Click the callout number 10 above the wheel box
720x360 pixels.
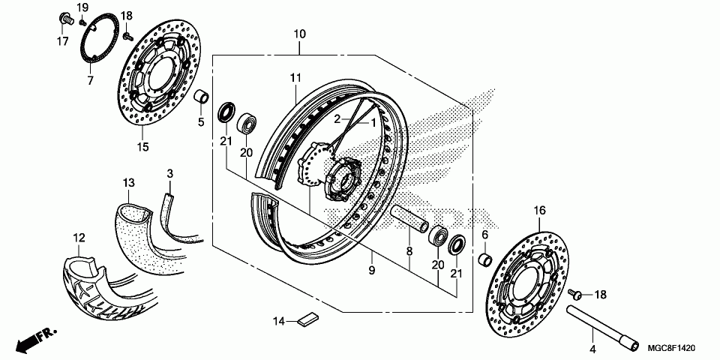pos(300,34)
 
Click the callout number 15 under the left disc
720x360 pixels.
pos(142,147)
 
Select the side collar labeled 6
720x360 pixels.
pos(484,261)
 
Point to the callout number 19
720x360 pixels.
pos(82,7)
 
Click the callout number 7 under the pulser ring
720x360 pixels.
pos(90,79)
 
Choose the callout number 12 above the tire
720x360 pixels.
pos(78,238)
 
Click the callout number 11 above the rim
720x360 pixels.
pos(295,77)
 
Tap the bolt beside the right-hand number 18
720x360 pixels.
pos(577,293)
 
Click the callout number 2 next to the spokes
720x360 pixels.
pos(337,119)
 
